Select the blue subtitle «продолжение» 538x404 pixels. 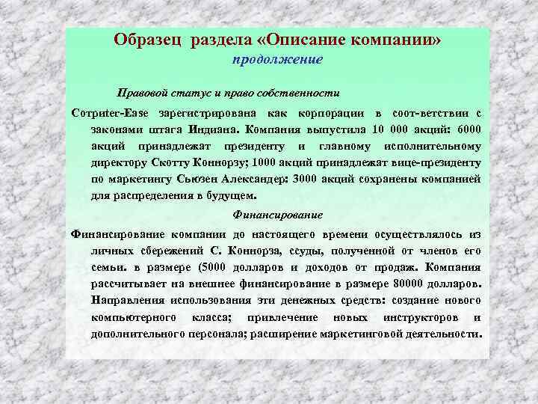276,59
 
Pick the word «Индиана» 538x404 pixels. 230,129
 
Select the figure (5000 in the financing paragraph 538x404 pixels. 217,266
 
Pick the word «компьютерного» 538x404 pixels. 126,317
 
